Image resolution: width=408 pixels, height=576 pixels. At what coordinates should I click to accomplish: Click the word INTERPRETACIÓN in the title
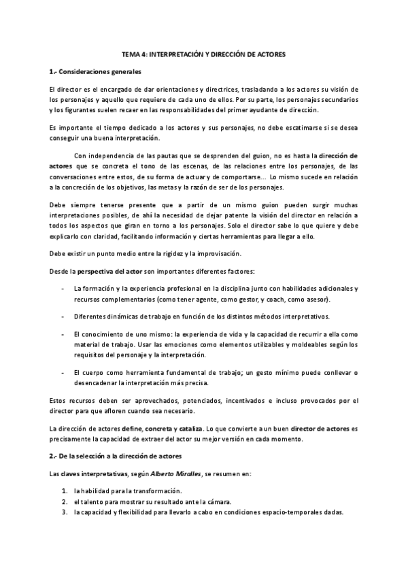179,54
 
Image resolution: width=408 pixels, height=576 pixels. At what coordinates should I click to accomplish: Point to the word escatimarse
309,128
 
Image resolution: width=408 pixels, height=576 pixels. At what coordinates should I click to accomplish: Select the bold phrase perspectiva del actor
103,271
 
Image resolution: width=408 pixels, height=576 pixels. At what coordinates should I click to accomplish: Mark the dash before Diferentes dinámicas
63,317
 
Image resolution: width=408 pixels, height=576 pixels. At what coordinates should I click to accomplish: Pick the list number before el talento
64,502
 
